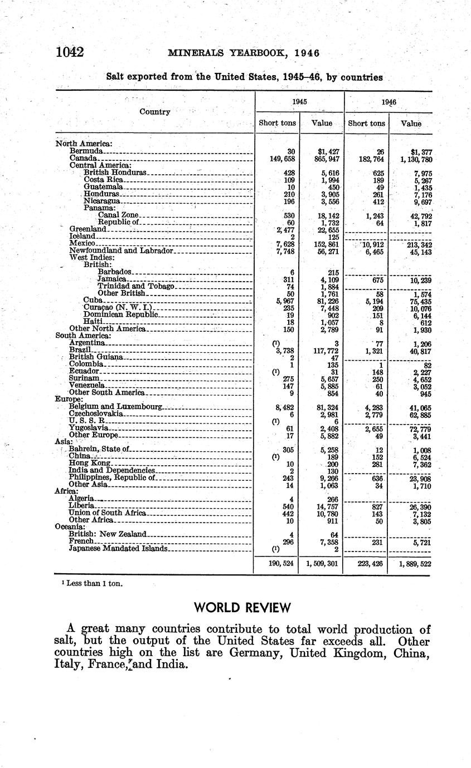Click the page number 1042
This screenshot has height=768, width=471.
pos(69,53)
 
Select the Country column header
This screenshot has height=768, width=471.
pos(154,112)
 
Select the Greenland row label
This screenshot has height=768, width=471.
pos(88,229)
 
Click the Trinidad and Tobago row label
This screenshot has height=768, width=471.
pos(136,286)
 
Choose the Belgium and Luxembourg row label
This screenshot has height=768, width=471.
pos(115,407)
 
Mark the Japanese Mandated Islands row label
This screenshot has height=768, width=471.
pos(118,548)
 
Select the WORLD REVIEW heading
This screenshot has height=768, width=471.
pos(243,607)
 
